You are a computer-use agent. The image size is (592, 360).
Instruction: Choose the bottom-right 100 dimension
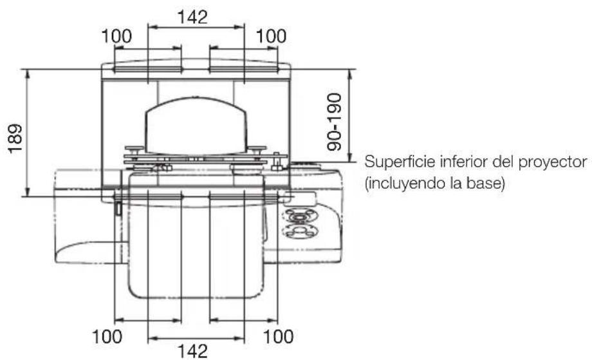click(278, 336)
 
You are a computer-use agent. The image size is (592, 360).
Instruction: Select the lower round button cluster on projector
click(299, 231)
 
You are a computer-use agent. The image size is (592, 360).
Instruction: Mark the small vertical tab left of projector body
click(120, 209)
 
